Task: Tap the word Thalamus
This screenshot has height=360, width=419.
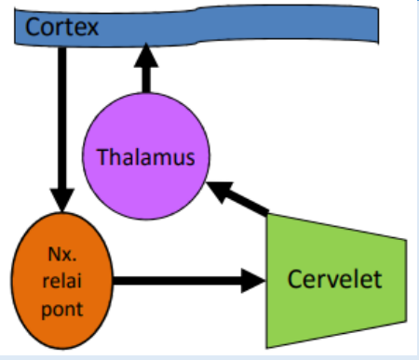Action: tap(145, 156)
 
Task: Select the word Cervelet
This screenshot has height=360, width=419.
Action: tap(333, 279)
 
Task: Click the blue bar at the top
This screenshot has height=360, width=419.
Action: tap(233, 30)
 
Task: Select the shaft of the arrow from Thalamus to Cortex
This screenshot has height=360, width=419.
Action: tap(145, 82)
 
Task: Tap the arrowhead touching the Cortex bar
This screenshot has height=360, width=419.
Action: tap(145, 58)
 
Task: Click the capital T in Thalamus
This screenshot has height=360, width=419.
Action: tap(101, 156)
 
